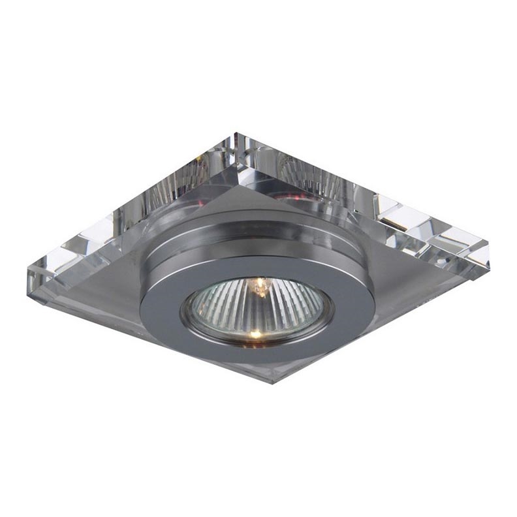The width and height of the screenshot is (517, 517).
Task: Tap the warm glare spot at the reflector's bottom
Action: pos(255,334)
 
